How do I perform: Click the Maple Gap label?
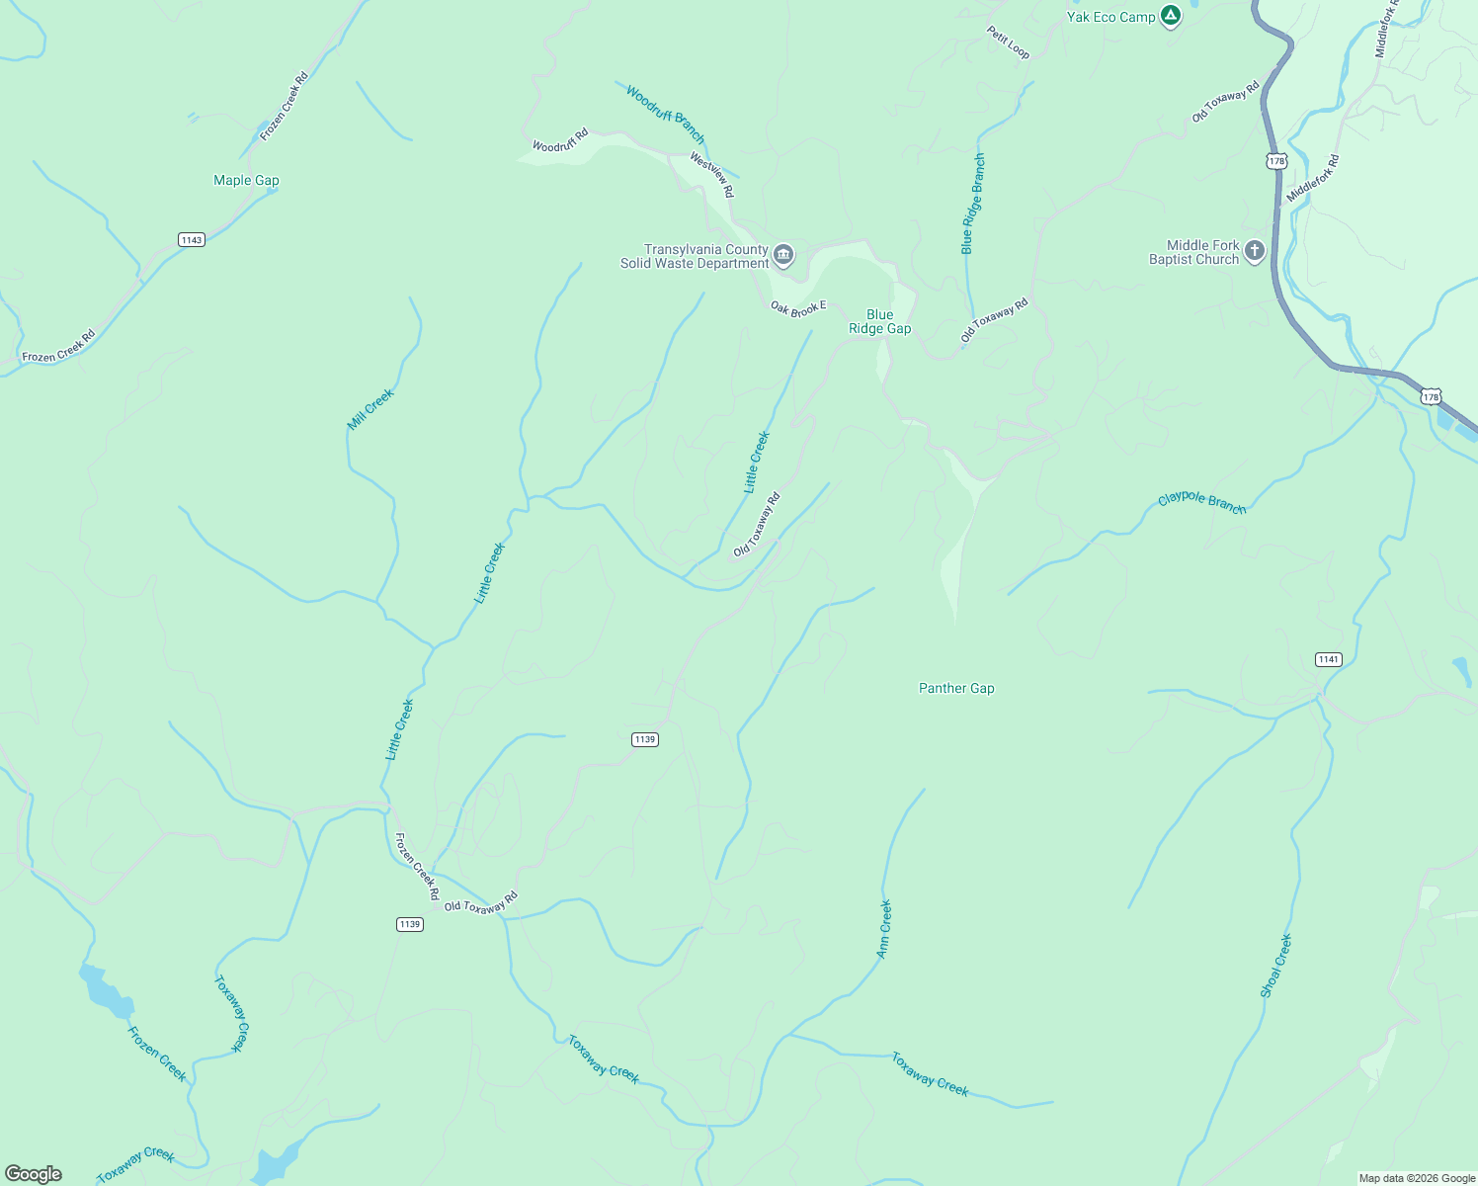[x=246, y=180]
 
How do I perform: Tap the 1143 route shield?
[x=192, y=240]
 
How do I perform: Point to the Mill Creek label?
[x=370, y=409]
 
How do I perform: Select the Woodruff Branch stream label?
[x=666, y=115]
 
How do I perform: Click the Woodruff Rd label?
[x=560, y=140]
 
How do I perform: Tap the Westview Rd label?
[x=712, y=174]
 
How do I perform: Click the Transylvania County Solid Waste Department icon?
[x=783, y=256]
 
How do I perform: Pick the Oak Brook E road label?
[x=797, y=309]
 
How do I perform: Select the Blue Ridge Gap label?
[x=879, y=322]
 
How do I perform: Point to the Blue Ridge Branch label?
[x=973, y=204]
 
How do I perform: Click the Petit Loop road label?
[x=1008, y=42]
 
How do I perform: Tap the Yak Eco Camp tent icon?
[x=1171, y=16]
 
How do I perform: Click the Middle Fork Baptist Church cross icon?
[x=1255, y=251]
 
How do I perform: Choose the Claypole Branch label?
[x=1201, y=502]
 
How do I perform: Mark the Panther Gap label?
[x=956, y=688]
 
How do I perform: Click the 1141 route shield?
[x=1329, y=659]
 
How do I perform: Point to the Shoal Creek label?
[x=1276, y=966]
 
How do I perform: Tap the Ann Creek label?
[x=884, y=928]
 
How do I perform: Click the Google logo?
[x=34, y=1174]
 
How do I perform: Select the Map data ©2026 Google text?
[x=1416, y=1178]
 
